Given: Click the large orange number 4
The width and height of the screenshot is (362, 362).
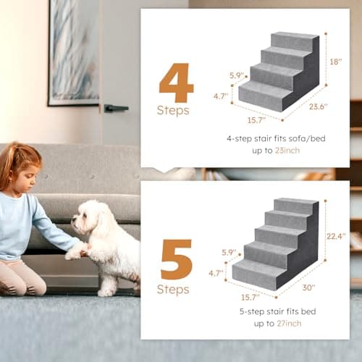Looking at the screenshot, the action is coord(177,83).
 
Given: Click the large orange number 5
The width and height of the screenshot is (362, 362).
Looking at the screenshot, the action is coord(177,259).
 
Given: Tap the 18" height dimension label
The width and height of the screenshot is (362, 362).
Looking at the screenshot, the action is coord(336,62).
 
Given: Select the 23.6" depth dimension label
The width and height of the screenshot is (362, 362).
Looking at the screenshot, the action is coord(319,106).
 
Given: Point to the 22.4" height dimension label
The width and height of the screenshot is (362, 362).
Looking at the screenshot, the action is coord(336,236).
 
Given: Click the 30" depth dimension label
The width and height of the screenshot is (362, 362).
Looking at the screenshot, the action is coord(309,287).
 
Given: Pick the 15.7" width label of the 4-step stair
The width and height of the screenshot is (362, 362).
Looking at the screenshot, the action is coord(256,120).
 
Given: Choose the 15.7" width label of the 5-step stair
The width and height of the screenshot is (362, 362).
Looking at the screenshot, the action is coord(251,297).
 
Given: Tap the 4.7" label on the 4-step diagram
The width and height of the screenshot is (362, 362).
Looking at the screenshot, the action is coord(221,96).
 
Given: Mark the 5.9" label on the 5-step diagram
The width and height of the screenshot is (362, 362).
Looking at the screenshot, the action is coord(229,253).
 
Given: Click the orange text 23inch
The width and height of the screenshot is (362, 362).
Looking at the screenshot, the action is coord(287,151).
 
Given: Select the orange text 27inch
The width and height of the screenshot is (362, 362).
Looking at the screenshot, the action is coord(289,324).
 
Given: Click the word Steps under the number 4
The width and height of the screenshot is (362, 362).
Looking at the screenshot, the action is coord(173,111).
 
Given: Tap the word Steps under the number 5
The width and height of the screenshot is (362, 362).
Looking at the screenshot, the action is coord(173,290).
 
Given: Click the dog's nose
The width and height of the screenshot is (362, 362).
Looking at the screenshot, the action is coord(73,221).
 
